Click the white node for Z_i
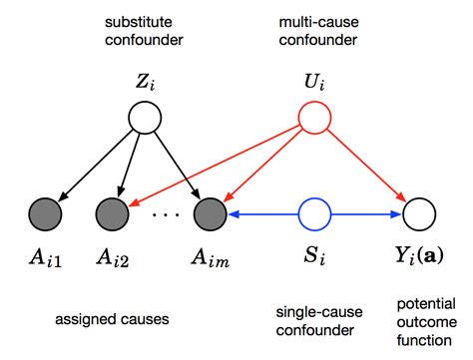[146, 122]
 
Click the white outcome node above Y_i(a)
[417, 213]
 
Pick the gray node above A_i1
[46, 213]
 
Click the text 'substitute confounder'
[146, 32]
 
